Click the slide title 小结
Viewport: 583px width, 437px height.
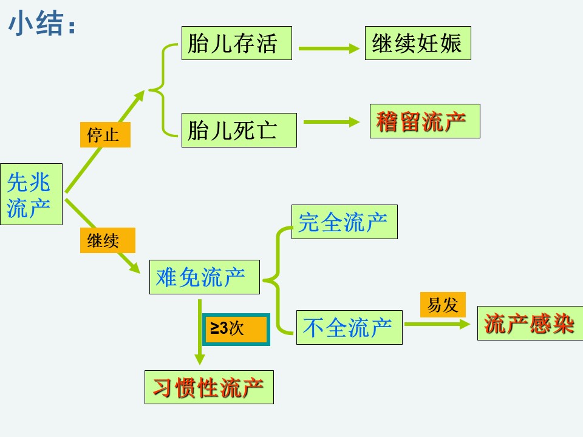[x=42, y=24]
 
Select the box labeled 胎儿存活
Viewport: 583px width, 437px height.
[x=236, y=43]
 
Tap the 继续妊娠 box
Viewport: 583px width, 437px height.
[x=418, y=43]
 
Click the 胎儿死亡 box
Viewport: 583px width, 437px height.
[x=239, y=130]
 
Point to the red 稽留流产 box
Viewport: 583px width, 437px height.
[x=425, y=121]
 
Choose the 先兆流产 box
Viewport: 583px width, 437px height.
[x=31, y=194]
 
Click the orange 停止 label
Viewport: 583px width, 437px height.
[x=105, y=135]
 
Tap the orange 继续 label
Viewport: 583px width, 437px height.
[x=107, y=240]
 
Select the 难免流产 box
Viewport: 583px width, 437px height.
[x=205, y=277]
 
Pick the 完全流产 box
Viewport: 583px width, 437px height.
[x=344, y=222]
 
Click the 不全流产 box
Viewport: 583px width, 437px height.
[x=349, y=327]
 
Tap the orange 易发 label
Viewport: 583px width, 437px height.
[x=443, y=305]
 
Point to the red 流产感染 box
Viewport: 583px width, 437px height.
[x=530, y=323]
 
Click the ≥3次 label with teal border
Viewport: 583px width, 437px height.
[x=236, y=329]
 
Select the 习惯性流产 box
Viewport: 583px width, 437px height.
[x=209, y=387]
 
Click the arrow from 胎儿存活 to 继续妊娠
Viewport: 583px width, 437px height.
[x=329, y=49]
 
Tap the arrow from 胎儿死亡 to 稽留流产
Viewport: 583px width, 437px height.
[x=332, y=122]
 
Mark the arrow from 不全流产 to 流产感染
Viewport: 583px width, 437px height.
[x=437, y=324]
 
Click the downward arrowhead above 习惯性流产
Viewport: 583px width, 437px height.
[x=200, y=359]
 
